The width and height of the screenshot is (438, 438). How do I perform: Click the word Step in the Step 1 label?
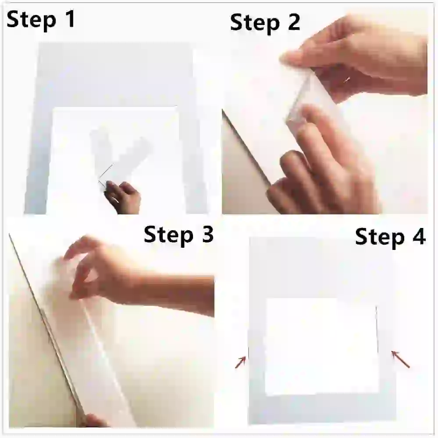point(31,20)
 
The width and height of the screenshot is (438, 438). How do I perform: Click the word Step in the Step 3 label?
point(168,235)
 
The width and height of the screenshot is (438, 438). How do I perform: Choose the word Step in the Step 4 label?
point(380,237)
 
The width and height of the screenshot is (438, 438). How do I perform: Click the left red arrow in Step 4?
point(241,362)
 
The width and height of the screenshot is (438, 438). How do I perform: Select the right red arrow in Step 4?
point(400,359)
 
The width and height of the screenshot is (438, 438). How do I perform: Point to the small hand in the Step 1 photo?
point(123,197)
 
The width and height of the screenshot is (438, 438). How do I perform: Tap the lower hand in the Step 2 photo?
point(321,165)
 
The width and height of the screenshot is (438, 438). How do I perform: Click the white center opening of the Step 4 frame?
point(321,346)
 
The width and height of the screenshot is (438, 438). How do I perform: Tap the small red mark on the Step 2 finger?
point(347,80)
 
